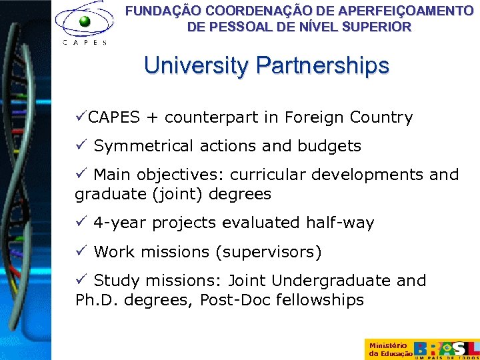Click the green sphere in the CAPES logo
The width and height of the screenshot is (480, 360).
(84, 21)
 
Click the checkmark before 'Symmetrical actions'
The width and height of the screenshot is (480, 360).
(81, 145)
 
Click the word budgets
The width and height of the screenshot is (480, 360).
(329, 146)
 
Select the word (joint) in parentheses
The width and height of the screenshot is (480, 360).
(179, 194)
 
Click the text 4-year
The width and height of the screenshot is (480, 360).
(121, 223)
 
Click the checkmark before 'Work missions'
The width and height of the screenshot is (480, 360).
(81, 251)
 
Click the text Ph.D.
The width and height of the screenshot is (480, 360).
(95, 300)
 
